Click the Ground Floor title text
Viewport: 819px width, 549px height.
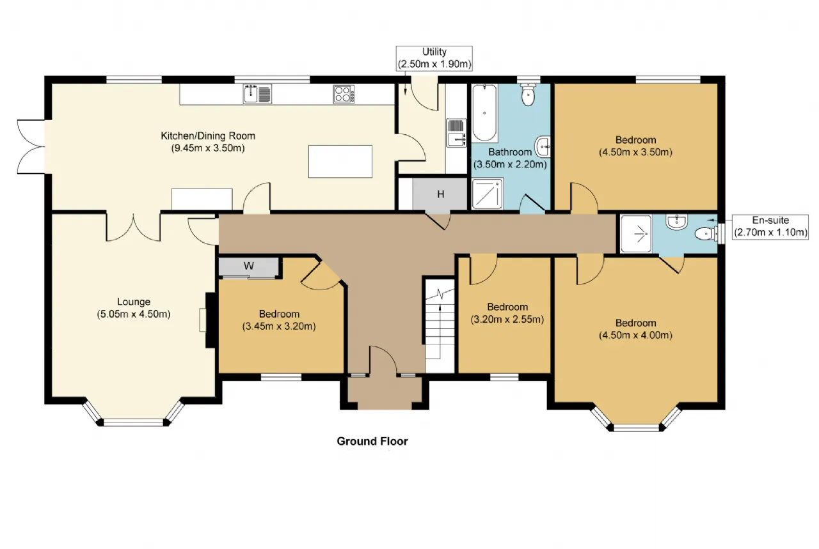coord(372,441)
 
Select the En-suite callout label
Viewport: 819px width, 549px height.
coord(770,226)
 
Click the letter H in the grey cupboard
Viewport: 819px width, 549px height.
coord(441,194)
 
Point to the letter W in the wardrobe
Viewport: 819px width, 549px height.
coord(249,266)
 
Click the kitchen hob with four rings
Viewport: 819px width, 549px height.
coord(344,94)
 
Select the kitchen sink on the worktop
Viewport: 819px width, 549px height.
coord(257,93)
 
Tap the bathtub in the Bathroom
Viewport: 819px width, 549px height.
coord(484,113)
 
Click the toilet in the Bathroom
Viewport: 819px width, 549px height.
coord(528,94)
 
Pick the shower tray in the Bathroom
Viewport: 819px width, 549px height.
coord(488,194)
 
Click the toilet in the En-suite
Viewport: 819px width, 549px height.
coord(706,234)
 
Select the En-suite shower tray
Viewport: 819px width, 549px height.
coord(636,234)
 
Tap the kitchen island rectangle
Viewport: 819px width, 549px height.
coord(340,162)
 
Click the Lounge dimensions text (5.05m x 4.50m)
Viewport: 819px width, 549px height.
coord(134,314)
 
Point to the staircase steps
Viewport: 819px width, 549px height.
coord(440,326)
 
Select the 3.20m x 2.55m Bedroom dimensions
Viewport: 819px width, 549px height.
coord(507,320)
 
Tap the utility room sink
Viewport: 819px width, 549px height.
coord(456,133)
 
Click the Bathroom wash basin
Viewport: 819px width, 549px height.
coord(543,147)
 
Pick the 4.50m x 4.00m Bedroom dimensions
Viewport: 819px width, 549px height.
coord(635,336)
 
